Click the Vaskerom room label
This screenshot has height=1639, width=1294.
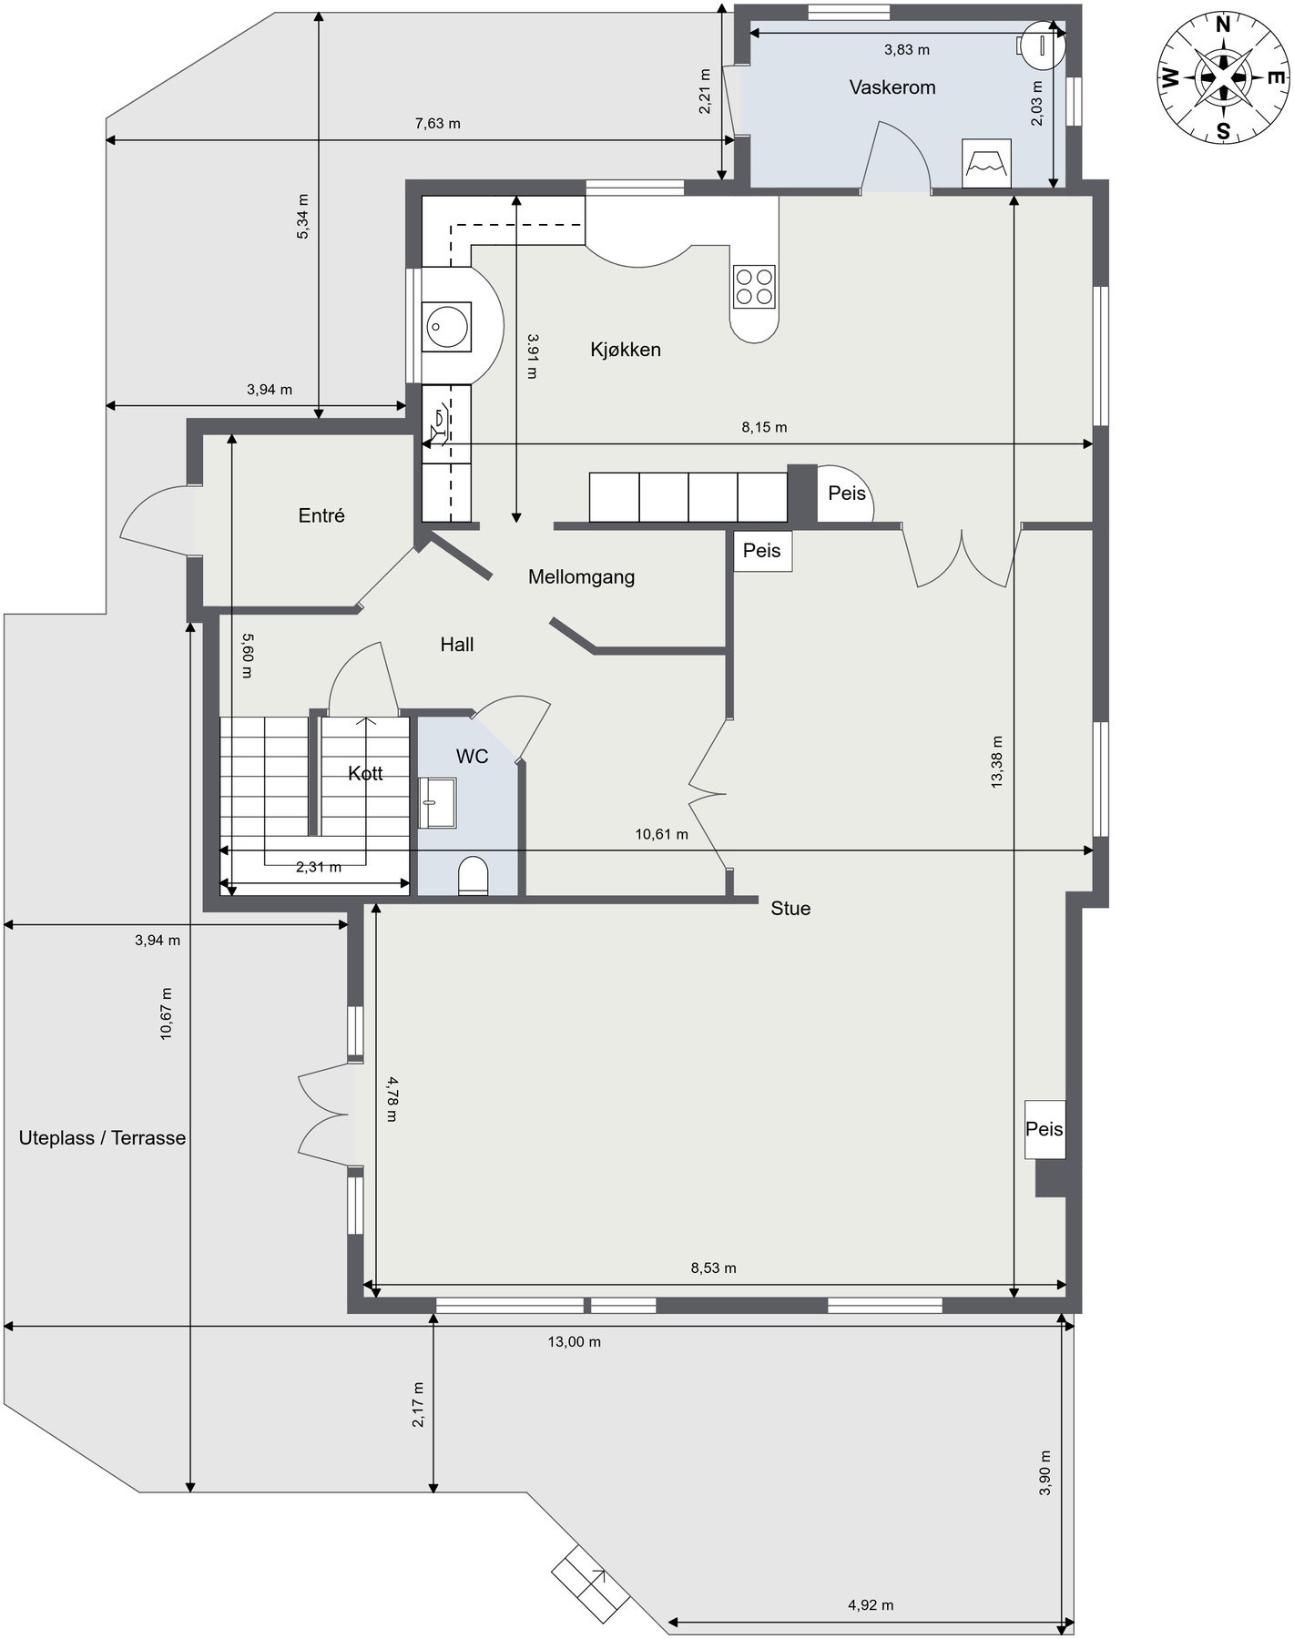point(892,87)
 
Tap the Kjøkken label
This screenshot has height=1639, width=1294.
point(625,350)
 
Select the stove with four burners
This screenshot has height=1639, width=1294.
point(754,286)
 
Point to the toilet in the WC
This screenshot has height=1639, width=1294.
point(473,875)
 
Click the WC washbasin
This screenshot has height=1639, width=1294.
point(438,803)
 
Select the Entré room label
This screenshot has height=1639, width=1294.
point(321,515)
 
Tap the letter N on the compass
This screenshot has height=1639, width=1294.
point(1224,24)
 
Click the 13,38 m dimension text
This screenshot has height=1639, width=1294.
point(996,761)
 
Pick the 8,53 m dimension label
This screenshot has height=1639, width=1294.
point(713,1267)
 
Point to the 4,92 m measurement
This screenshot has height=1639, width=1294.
point(870,1605)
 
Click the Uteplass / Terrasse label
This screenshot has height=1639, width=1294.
point(102,1138)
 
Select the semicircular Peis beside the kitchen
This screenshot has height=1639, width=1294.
point(846,494)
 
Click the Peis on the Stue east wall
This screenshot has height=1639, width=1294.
point(1044,1129)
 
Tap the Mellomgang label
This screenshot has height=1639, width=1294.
point(581,576)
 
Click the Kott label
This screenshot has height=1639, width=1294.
point(365,774)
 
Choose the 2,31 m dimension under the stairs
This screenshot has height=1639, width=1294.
point(319,867)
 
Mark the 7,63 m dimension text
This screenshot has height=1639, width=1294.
point(437,123)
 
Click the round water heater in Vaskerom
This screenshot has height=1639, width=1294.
point(1040,43)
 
